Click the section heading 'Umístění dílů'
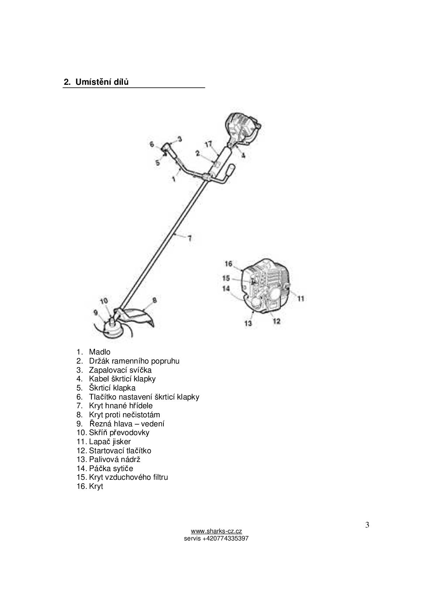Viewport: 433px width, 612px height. (102, 82)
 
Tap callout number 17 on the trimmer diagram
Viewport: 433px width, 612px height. (208, 144)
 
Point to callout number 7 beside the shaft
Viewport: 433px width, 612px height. (190, 239)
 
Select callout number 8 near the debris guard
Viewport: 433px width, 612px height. (154, 300)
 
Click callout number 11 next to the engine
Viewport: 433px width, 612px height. (301, 298)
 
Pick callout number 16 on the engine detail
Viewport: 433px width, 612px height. (228, 263)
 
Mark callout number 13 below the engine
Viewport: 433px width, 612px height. (248, 323)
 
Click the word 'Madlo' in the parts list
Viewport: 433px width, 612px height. (100, 352)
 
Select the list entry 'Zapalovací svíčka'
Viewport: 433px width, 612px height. (120, 370)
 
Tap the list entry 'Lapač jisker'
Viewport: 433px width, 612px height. (110, 442)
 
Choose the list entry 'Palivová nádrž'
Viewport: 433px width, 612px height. (115, 460)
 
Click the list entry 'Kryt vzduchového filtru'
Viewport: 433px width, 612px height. (128, 477)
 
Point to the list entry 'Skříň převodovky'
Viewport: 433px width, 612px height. (119, 433)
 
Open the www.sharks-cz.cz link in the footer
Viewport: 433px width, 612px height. (216, 531)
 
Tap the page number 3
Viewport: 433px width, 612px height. (367, 525)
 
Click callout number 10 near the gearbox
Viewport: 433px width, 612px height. (104, 301)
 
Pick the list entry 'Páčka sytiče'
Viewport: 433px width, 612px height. (111, 469)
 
